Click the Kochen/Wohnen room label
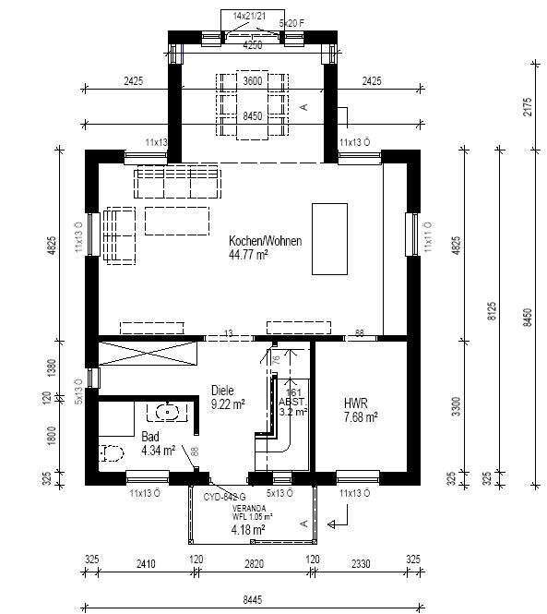click(x=266, y=240)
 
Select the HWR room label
click(x=356, y=403)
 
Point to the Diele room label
click(x=222, y=390)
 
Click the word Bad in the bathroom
click(x=149, y=437)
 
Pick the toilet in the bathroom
click(x=112, y=453)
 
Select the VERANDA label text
click(x=249, y=508)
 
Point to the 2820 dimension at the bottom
click(x=252, y=560)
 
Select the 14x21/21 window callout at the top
click(x=249, y=17)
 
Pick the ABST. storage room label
click(x=291, y=402)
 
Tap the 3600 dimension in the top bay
click(x=252, y=81)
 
